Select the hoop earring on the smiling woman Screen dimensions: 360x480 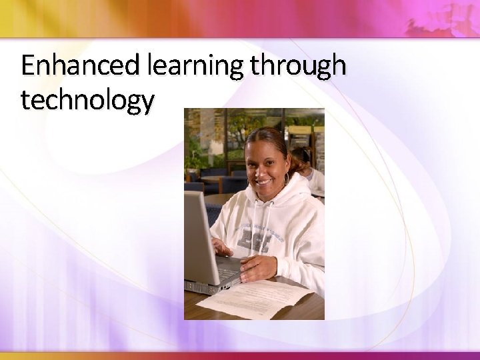[287, 179]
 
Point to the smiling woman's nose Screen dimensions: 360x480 [261, 169]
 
